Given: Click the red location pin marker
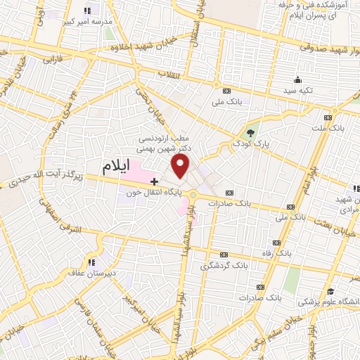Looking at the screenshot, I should pos(181,167).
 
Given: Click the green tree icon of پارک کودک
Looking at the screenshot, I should pos(250,130).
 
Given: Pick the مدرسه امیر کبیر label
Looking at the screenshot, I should pos(89,21).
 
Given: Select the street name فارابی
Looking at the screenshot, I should pos(53,61).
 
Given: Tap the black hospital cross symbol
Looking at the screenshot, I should pos(155,181).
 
